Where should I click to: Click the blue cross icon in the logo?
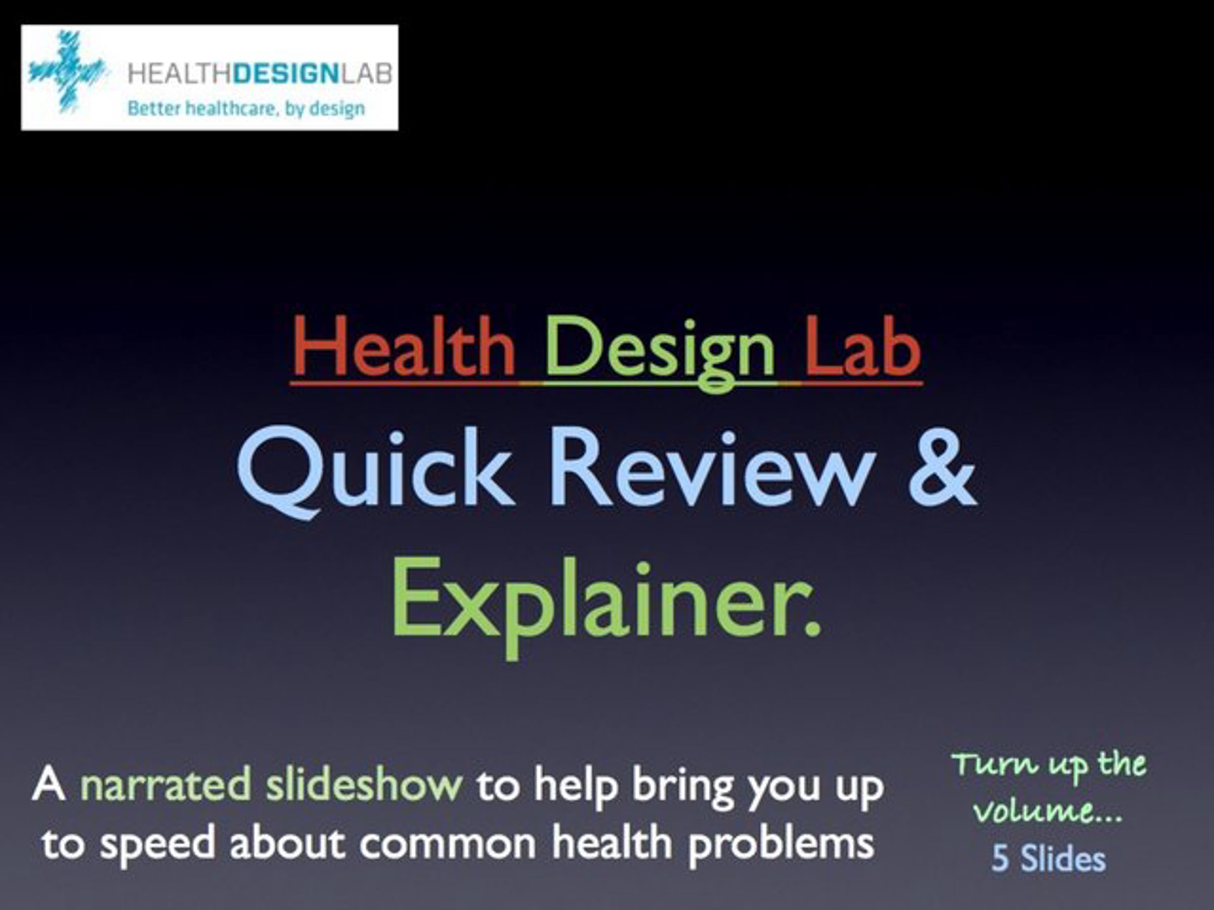(x=67, y=72)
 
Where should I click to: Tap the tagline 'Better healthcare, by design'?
(x=246, y=109)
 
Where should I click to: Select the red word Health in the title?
(x=403, y=347)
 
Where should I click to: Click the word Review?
(x=711, y=469)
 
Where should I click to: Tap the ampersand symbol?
(x=942, y=469)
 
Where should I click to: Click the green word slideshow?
(x=364, y=783)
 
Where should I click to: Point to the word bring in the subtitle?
(x=683, y=788)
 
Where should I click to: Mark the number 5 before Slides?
(x=1000, y=859)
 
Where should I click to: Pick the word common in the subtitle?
(x=447, y=844)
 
